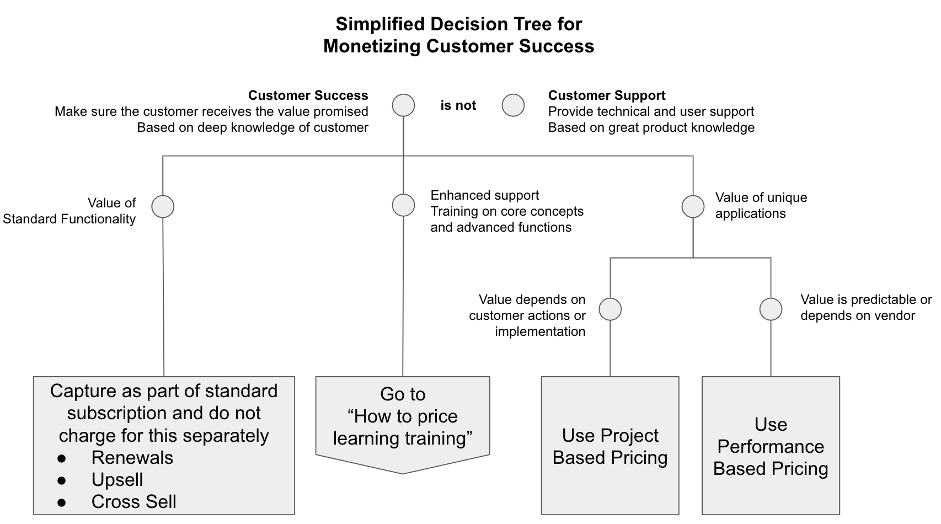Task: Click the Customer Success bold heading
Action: tap(308, 95)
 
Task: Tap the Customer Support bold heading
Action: tap(606, 95)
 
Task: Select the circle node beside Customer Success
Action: tap(403, 105)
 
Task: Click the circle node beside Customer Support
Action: tap(513, 105)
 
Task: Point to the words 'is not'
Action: tap(458, 105)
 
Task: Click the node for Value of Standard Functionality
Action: tap(163, 206)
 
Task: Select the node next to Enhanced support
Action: tap(403, 205)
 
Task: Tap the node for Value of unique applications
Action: tap(693, 206)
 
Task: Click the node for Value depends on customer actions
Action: tap(610, 309)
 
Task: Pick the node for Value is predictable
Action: tap(771, 309)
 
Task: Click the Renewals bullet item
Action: tap(132, 458)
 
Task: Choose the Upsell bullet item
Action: tap(117, 480)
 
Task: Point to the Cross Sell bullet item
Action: tap(133, 502)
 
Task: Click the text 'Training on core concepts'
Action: tap(506, 211)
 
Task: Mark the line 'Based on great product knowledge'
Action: tap(651, 127)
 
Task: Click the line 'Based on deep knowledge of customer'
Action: tap(253, 127)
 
